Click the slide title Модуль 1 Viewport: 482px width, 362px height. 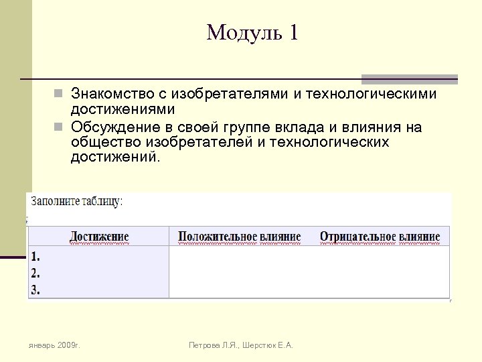click(252, 33)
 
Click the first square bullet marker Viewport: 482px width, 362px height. click(59, 93)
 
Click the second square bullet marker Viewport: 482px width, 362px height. click(59, 127)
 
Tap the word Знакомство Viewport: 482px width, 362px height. click(118, 93)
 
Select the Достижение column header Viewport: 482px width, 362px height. click(99, 237)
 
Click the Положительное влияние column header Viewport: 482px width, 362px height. click(239, 237)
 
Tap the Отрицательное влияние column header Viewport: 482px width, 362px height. click(380, 237)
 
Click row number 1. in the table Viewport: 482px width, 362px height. click(35, 256)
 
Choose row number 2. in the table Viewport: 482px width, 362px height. click(36, 273)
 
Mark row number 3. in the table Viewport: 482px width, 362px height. click(36, 290)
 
